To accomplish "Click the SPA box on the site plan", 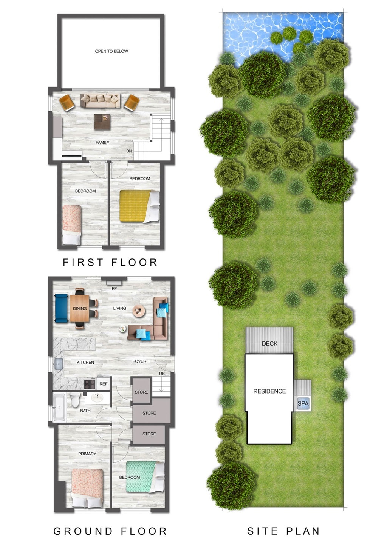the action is [303, 404].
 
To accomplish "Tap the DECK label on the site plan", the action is [269, 344].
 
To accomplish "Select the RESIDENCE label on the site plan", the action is [269, 391].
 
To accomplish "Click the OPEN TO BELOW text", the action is [111, 51].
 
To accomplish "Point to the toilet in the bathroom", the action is [75, 400].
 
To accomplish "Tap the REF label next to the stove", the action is [103, 384].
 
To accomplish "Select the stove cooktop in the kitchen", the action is [90, 384].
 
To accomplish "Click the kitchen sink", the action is [58, 364].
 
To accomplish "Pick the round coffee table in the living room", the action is [139, 311].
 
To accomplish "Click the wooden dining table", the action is [80, 308].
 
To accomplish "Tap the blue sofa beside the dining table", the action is [61, 308].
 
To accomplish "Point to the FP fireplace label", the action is [114, 288].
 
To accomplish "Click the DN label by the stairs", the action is [129, 151].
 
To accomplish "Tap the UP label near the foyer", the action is [162, 374].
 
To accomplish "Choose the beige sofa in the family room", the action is [101, 101].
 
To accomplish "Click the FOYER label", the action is [139, 361].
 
